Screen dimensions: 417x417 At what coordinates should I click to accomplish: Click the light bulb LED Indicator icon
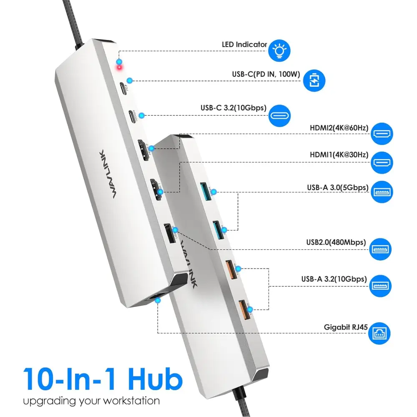click(279, 50)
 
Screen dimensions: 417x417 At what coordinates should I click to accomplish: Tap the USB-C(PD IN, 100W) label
click(266, 75)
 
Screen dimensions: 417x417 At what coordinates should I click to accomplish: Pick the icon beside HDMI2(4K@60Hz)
click(382, 134)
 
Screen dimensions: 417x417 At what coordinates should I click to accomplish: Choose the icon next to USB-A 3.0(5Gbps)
click(382, 192)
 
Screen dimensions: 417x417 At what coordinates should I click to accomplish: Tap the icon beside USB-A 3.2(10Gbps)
click(382, 285)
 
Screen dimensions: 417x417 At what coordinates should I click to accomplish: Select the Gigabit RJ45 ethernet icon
click(379, 333)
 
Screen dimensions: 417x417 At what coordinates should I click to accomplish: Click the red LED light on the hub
click(119, 67)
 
